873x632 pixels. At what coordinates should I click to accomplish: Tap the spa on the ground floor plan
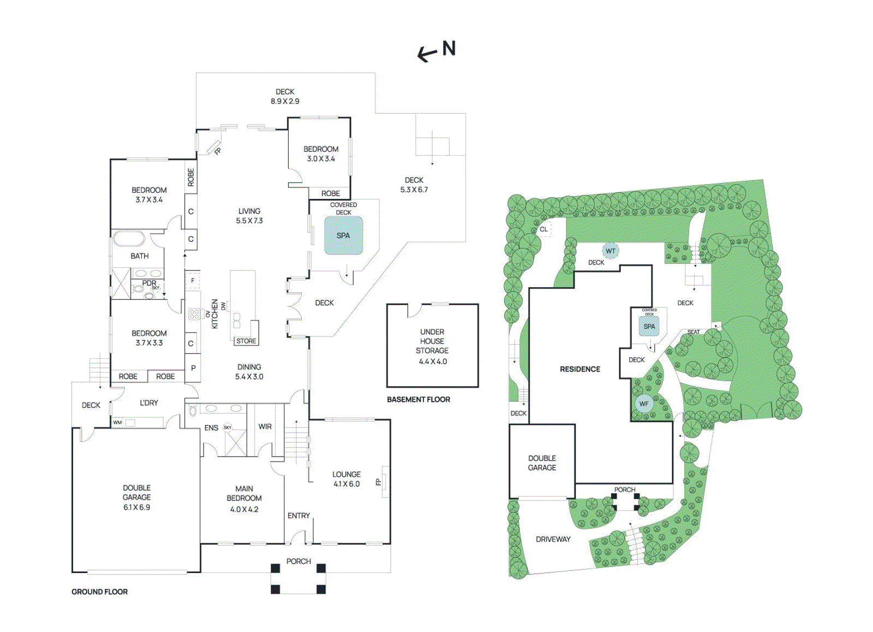click(x=343, y=235)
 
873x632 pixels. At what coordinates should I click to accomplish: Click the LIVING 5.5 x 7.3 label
click(x=249, y=216)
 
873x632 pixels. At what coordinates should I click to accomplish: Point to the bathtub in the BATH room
click(x=129, y=239)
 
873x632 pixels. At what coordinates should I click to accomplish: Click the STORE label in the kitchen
click(x=246, y=341)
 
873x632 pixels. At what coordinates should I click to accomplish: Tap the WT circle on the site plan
click(x=611, y=251)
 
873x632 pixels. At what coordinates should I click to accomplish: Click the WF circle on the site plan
click(x=644, y=404)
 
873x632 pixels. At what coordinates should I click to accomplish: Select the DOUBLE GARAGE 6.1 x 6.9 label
click(x=136, y=497)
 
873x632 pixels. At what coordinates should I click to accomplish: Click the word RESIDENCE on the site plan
click(x=579, y=369)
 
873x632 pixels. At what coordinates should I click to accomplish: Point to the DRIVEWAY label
click(x=553, y=539)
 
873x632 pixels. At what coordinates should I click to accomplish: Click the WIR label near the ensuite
click(x=265, y=427)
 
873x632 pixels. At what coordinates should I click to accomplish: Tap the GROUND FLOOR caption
click(x=99, y=592)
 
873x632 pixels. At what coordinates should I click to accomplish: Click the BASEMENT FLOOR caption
click(x=418, y=399)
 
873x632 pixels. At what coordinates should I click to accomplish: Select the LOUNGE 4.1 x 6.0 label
click(x=346, y=479)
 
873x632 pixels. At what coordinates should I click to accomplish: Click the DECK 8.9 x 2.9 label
click(x=285, y=96)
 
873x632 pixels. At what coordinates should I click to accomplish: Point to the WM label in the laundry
click(x=117, y=422)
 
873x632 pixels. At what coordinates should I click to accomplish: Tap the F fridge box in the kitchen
click(x=193, y=280)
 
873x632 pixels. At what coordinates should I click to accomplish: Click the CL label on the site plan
click(x=543, y=229)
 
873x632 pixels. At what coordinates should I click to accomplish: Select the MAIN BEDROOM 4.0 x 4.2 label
click(x=244, y=498)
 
